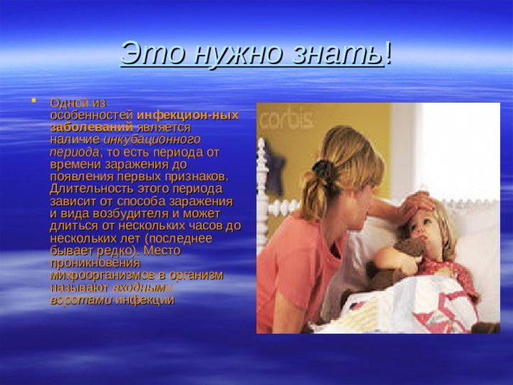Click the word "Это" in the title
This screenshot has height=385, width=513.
coord(146,54)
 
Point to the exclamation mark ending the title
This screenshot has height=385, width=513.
coord(389,54)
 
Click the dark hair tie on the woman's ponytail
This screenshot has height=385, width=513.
coord(321,171)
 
